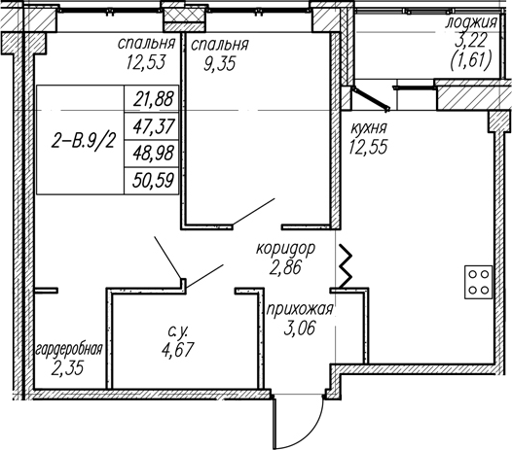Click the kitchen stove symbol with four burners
(x=478, y=282)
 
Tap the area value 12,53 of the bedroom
(x=146, y=62)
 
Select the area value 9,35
(x=219, y=64)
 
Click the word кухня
(x=369, y=128)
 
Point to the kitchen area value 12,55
(x=368, y=147)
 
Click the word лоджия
(x=471, y=22)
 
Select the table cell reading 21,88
(x=152, y=99)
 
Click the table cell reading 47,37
(x=152, y=126)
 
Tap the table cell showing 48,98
(x=152, y=154)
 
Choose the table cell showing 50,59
(x=152, y=181)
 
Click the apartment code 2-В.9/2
(x=84, y=142)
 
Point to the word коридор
(x=286, y=249)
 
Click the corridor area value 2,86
(x=285, y=268)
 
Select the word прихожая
(x=300, y=309)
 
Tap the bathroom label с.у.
(x=178, y=332)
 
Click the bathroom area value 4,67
(x=177, y=350)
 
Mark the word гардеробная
(x=69, y=350)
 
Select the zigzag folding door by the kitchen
(x=346, y=266)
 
